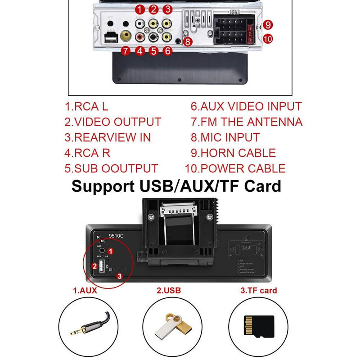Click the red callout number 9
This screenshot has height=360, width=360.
268,24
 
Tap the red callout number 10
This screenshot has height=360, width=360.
268,39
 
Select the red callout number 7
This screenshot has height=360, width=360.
126,51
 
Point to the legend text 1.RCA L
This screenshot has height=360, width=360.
87,107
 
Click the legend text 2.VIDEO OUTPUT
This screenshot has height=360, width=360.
112,122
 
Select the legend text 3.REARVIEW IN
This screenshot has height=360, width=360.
108,137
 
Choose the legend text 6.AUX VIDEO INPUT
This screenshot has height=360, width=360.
246,107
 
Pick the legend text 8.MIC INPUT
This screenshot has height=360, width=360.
225,137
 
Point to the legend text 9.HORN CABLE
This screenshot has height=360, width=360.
233,153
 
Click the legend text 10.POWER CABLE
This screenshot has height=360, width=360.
235,169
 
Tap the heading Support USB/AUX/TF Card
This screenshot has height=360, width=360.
176,186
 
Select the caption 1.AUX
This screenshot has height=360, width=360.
85,291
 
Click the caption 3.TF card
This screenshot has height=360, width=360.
258,291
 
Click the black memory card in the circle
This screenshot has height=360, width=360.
258,325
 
